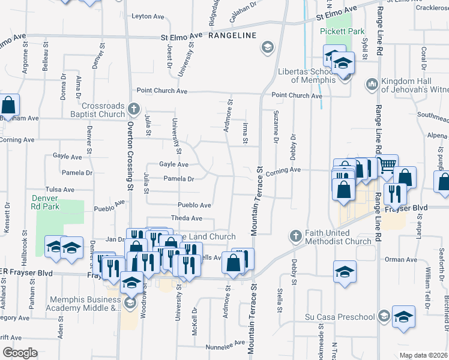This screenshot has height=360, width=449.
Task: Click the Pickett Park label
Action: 343,31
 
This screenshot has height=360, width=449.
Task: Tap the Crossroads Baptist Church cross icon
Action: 134,110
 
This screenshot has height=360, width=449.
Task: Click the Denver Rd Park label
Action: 45,203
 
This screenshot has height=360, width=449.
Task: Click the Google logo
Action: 20,353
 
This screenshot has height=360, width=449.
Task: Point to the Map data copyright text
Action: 423,355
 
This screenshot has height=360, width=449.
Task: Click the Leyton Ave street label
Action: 148,16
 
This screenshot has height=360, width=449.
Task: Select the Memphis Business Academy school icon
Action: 130,303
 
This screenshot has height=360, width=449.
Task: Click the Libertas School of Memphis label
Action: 306,76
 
